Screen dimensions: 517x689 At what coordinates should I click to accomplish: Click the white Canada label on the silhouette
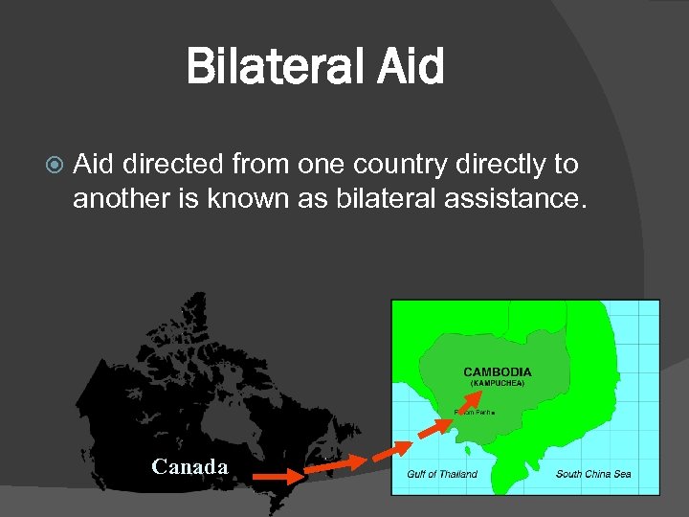click(189, 466)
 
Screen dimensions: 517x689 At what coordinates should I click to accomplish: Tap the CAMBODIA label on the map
click(497, 371)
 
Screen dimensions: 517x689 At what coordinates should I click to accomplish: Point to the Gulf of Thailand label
click(442, 474)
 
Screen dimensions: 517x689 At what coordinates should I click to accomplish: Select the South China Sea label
click(593, 474)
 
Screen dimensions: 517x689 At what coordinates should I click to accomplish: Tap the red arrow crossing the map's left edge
click(391, 447)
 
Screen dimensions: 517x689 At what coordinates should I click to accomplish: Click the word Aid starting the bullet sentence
click(94, 165)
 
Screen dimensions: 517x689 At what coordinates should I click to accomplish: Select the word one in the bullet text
click(322, 165)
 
